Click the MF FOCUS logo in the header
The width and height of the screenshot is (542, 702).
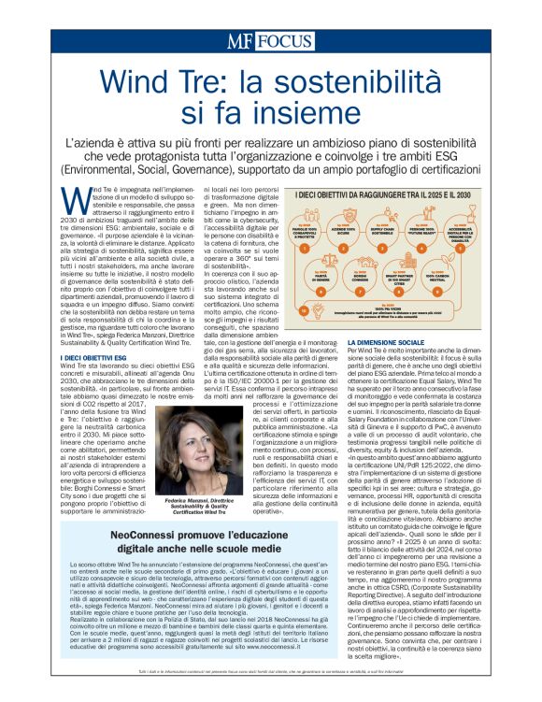click(x=270, y=40)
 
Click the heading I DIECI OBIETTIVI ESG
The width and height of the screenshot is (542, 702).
click(x=95, y=357)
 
